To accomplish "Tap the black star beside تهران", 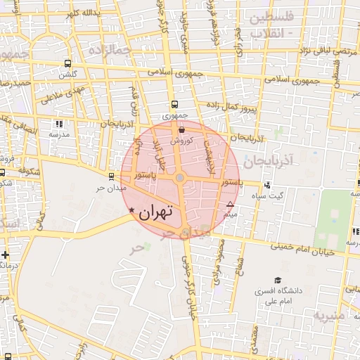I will (x=131, y=210).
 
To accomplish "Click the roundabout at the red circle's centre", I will (x=180, y=178).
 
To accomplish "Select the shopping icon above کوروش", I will (x=182, y=129).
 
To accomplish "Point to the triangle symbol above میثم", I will (x=230, y=205).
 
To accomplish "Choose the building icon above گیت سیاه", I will (x=267, y=186).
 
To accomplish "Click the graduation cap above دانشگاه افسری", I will (x=278, y=280).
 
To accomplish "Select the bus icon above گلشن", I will (x=68, y=63).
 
